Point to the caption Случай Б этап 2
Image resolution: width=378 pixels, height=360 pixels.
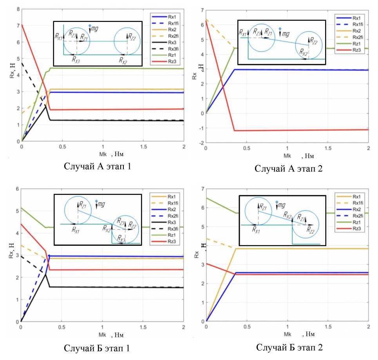tap(289, 347)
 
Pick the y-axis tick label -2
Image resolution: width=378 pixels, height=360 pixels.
tap(201, 143)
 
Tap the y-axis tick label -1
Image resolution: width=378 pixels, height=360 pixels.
tap(201, 128)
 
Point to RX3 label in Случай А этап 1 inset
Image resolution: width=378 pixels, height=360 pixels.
tap(76, 59)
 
